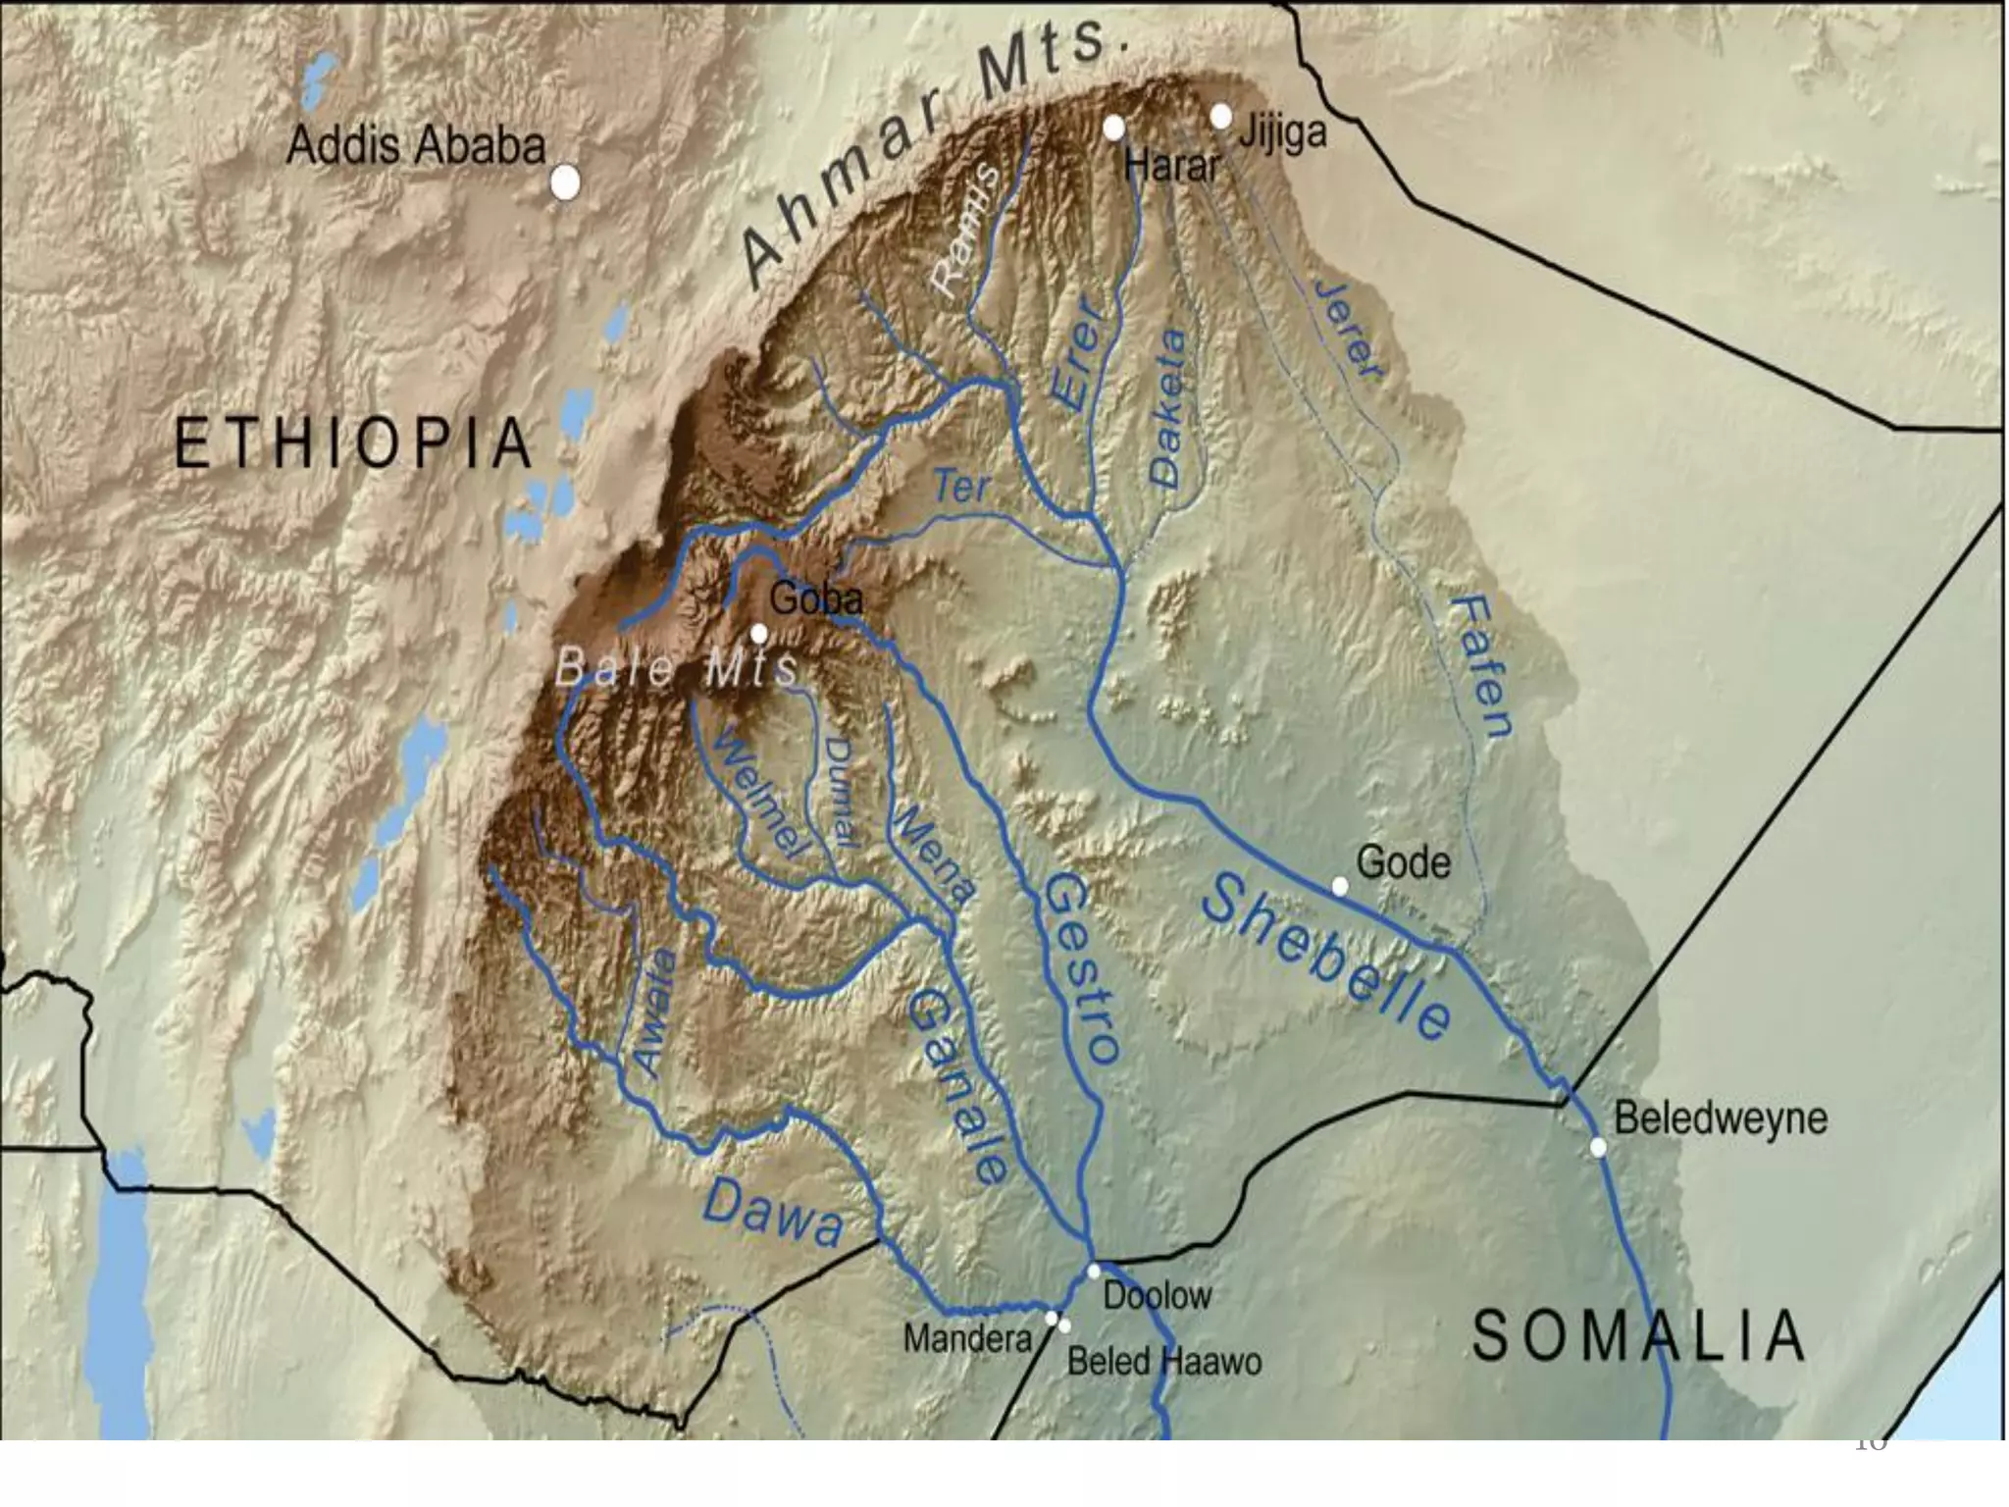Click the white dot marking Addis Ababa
565,182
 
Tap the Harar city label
1171,165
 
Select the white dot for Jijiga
1220,117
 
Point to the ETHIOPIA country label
353,443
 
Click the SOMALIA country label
1638,1336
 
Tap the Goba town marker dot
758,634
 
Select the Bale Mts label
676,669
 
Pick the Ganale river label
957,1085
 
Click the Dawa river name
773,1213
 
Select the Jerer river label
1350,330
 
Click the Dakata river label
1167,408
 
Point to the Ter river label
961,487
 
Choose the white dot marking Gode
1339,887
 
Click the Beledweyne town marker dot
1598,1147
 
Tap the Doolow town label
1158,1296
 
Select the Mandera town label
967,1338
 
